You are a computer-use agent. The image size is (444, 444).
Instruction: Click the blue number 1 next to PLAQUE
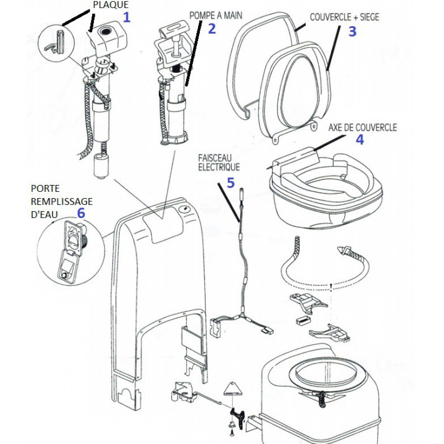(x=127, y=17)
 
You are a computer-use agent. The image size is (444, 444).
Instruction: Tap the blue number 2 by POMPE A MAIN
(x=212, y=28)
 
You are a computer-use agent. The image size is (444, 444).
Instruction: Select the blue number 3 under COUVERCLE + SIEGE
(x=352, y=31)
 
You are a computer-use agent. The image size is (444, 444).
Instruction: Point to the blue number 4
(x=359, y=139)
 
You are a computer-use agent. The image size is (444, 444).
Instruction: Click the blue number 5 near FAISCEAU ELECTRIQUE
(x=230, y=183)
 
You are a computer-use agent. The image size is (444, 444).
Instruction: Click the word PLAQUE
(x=110, y=4)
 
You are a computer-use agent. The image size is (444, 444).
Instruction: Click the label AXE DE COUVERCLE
(x=362, y=127)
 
